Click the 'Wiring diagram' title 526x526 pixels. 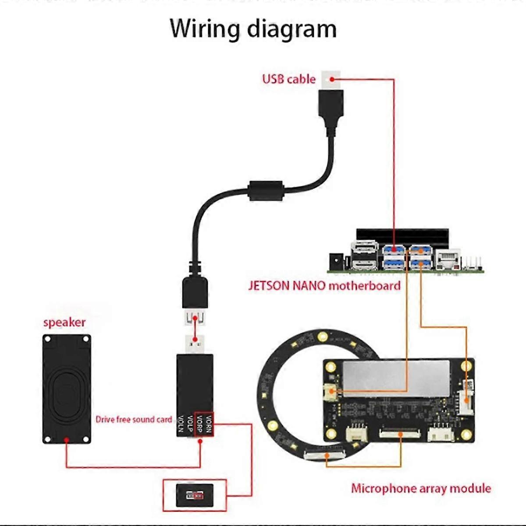click(x=253, y=29)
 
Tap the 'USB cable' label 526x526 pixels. click(x=288, y=79)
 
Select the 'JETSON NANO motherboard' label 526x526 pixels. click(x=324, y=286)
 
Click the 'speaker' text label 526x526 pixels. click(x=64, y=323)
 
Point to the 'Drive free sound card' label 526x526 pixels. click(x=134, y=419)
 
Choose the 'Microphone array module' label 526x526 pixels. click(x=421, y=488)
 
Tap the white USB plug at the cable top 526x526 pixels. click(x=331, y=79)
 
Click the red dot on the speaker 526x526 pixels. click(x=66, y=439)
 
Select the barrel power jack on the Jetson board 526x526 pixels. click(x=337, y=262)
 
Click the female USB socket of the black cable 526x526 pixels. click(x=195, y=317)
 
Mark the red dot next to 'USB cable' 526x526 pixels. click(x=333, y=79)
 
